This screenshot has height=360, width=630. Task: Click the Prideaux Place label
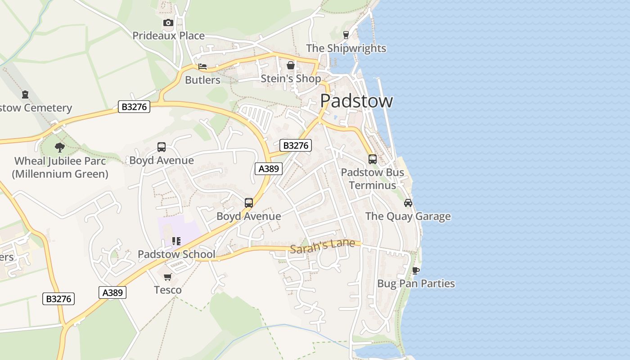point(168,36)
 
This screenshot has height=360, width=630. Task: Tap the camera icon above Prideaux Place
point(168,22)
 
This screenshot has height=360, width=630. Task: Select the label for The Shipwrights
point(346,48)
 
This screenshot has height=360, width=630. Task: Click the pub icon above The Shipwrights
point(346,35)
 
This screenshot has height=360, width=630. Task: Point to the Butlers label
point(202,80)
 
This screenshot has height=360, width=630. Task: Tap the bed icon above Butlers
point(202,67)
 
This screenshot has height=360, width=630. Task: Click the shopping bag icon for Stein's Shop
point(291,65)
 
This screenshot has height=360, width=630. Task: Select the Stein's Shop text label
point(291,79)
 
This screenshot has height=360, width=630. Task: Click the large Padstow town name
point(356,101)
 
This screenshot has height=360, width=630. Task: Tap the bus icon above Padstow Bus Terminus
point(373,159)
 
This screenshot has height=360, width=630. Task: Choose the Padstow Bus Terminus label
point(373,179)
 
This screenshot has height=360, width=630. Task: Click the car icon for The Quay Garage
point(408,203)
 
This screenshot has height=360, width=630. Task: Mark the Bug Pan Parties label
point(416,283)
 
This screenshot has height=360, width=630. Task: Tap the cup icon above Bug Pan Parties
point(416,270)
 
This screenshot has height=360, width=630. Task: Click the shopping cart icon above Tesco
point(168,277)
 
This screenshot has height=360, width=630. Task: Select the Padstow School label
point(176,254)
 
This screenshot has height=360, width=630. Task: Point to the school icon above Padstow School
point(176,241)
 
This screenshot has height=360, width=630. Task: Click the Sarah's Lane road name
point(322,246)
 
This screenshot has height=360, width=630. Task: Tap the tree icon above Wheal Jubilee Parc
point(60,147)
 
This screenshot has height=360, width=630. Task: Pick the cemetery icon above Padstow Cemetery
point(25,94)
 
